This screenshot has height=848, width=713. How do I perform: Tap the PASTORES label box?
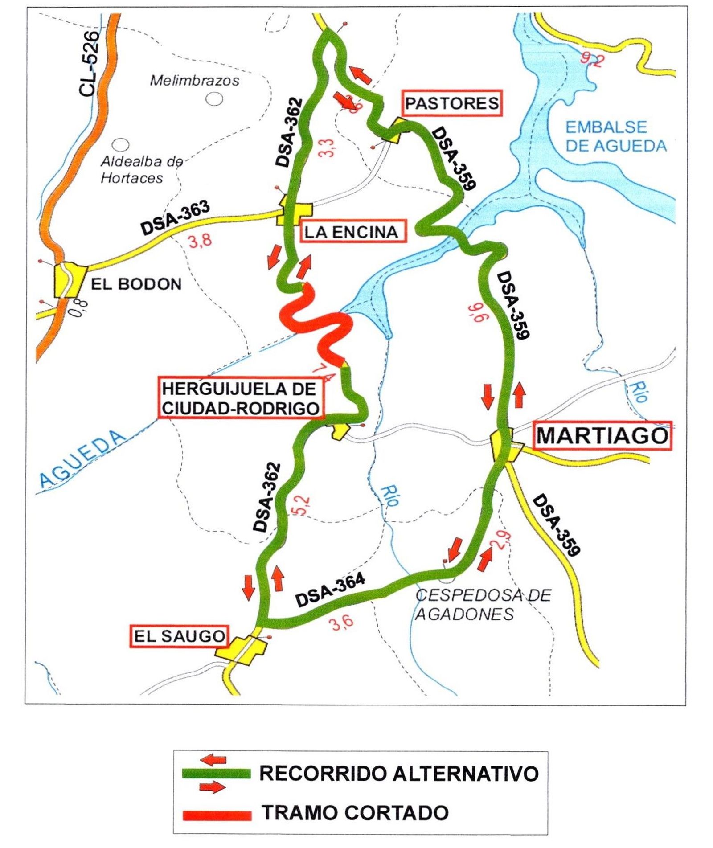451,103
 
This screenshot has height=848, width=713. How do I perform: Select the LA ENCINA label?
352,232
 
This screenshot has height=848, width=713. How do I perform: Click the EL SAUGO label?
179,636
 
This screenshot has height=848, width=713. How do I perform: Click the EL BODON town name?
136,284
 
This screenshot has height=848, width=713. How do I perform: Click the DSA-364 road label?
330,590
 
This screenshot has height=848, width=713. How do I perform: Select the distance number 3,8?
200,242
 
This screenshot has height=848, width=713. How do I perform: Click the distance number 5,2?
302,506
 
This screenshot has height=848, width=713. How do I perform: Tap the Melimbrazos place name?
194,81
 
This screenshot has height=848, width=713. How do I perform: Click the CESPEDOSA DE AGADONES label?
483,605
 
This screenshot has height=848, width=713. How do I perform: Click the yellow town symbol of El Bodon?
69,280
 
